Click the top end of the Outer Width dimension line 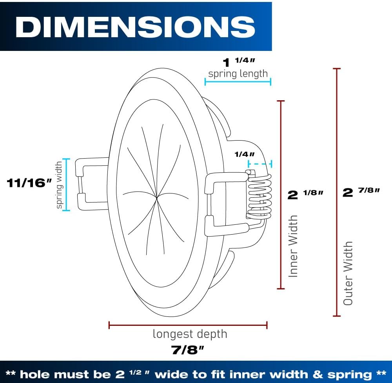pyautogui.click(x=337, y=69)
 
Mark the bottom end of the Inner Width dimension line pyautogui.click(x=281, y=289)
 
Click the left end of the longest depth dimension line pyautogui.click(x=109, y=325)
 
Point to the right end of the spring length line pyautogui.click(x=271, y=81)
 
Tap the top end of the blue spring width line pyautogui.click(x=66, y=159)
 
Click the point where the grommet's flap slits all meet pyautogui.click(x=157, y=198)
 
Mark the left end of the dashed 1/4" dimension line pyautogui.click(x=249, y=164)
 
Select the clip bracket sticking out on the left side pyautogui.click(x=92, y=184)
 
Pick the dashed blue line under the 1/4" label pyautogui.click(x=260, y=164)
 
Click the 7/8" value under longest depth pyautogui.click(x=187, y=350)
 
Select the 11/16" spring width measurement pyautogui.click(x=29, y=183)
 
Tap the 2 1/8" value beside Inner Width pyautogui.click(x=305, y=195)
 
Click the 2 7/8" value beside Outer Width pyautogui.click(x=361, y=192)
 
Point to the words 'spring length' pyautogui.click(x=238, y=74)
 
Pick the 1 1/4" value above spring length pyautogui.click(x=239, y=62)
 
